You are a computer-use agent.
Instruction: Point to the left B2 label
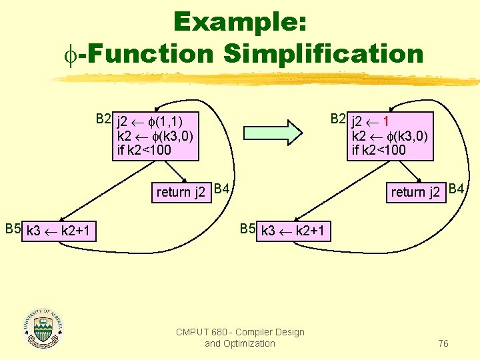click(103, 119)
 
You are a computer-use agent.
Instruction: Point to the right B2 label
click(339, 119)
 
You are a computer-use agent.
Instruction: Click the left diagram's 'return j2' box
click(181, 193)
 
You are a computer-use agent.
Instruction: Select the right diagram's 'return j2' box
click(417, 193)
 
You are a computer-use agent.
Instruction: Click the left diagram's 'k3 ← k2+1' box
click(60, 232)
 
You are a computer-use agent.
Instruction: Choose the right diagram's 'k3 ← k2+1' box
click(293, 232)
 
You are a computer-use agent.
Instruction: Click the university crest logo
click(43, 327)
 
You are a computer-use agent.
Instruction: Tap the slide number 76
click(443, 343)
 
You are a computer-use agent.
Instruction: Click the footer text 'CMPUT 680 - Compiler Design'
click(240, 332)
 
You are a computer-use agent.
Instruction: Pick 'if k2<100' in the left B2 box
click(144, 151)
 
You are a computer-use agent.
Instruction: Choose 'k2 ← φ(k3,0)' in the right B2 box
click(390, 137)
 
